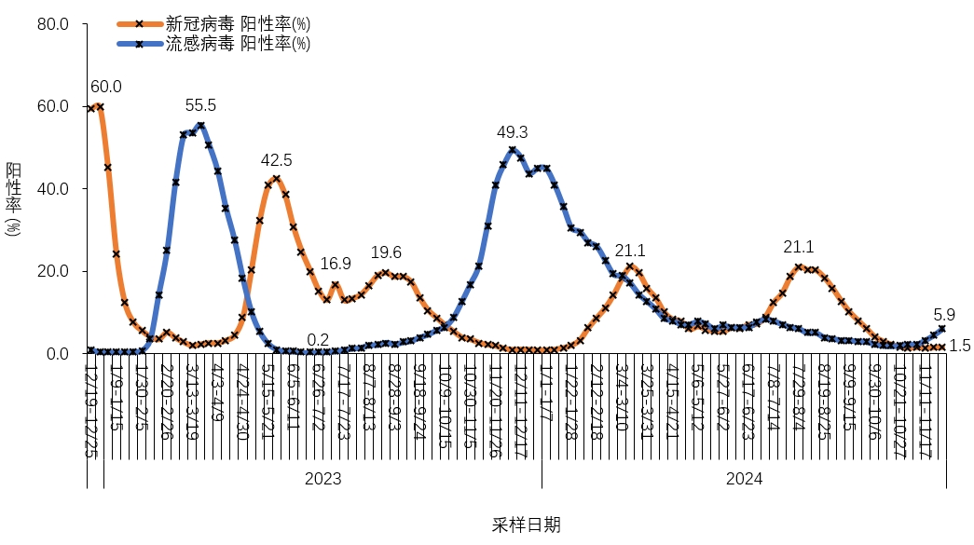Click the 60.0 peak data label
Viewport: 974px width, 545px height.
click(x=106, y=88)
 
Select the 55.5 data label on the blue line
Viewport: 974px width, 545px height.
click(x=200, y=106)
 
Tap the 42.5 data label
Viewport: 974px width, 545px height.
click(x=277, y=160)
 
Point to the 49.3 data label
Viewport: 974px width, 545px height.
click(x=512, y=132)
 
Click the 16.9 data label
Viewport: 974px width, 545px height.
click(x=336, y=264)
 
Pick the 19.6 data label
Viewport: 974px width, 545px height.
click(x=386, y=253)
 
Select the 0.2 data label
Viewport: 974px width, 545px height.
click(x=318, y=340)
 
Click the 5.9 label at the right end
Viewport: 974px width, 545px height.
click(x=944, y=315)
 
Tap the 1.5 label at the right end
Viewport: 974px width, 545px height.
click(x=960, y=346)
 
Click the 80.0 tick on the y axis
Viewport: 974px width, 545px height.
click(x=50, y=24)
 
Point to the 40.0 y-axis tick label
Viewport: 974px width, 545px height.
click(x=50, y=189)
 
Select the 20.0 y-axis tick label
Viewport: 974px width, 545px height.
click(x=50, y=272)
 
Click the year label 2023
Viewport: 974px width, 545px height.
click(x=323, y=479)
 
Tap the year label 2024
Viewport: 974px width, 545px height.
click(x=745, y=479)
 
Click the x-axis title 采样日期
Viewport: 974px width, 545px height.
click(x=527, y=525)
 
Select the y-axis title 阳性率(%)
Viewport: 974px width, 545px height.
click(x=14, y=198)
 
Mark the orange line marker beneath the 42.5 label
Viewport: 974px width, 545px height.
click(x=277, y=178)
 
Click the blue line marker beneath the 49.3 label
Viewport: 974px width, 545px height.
click(x=513, y=150)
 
